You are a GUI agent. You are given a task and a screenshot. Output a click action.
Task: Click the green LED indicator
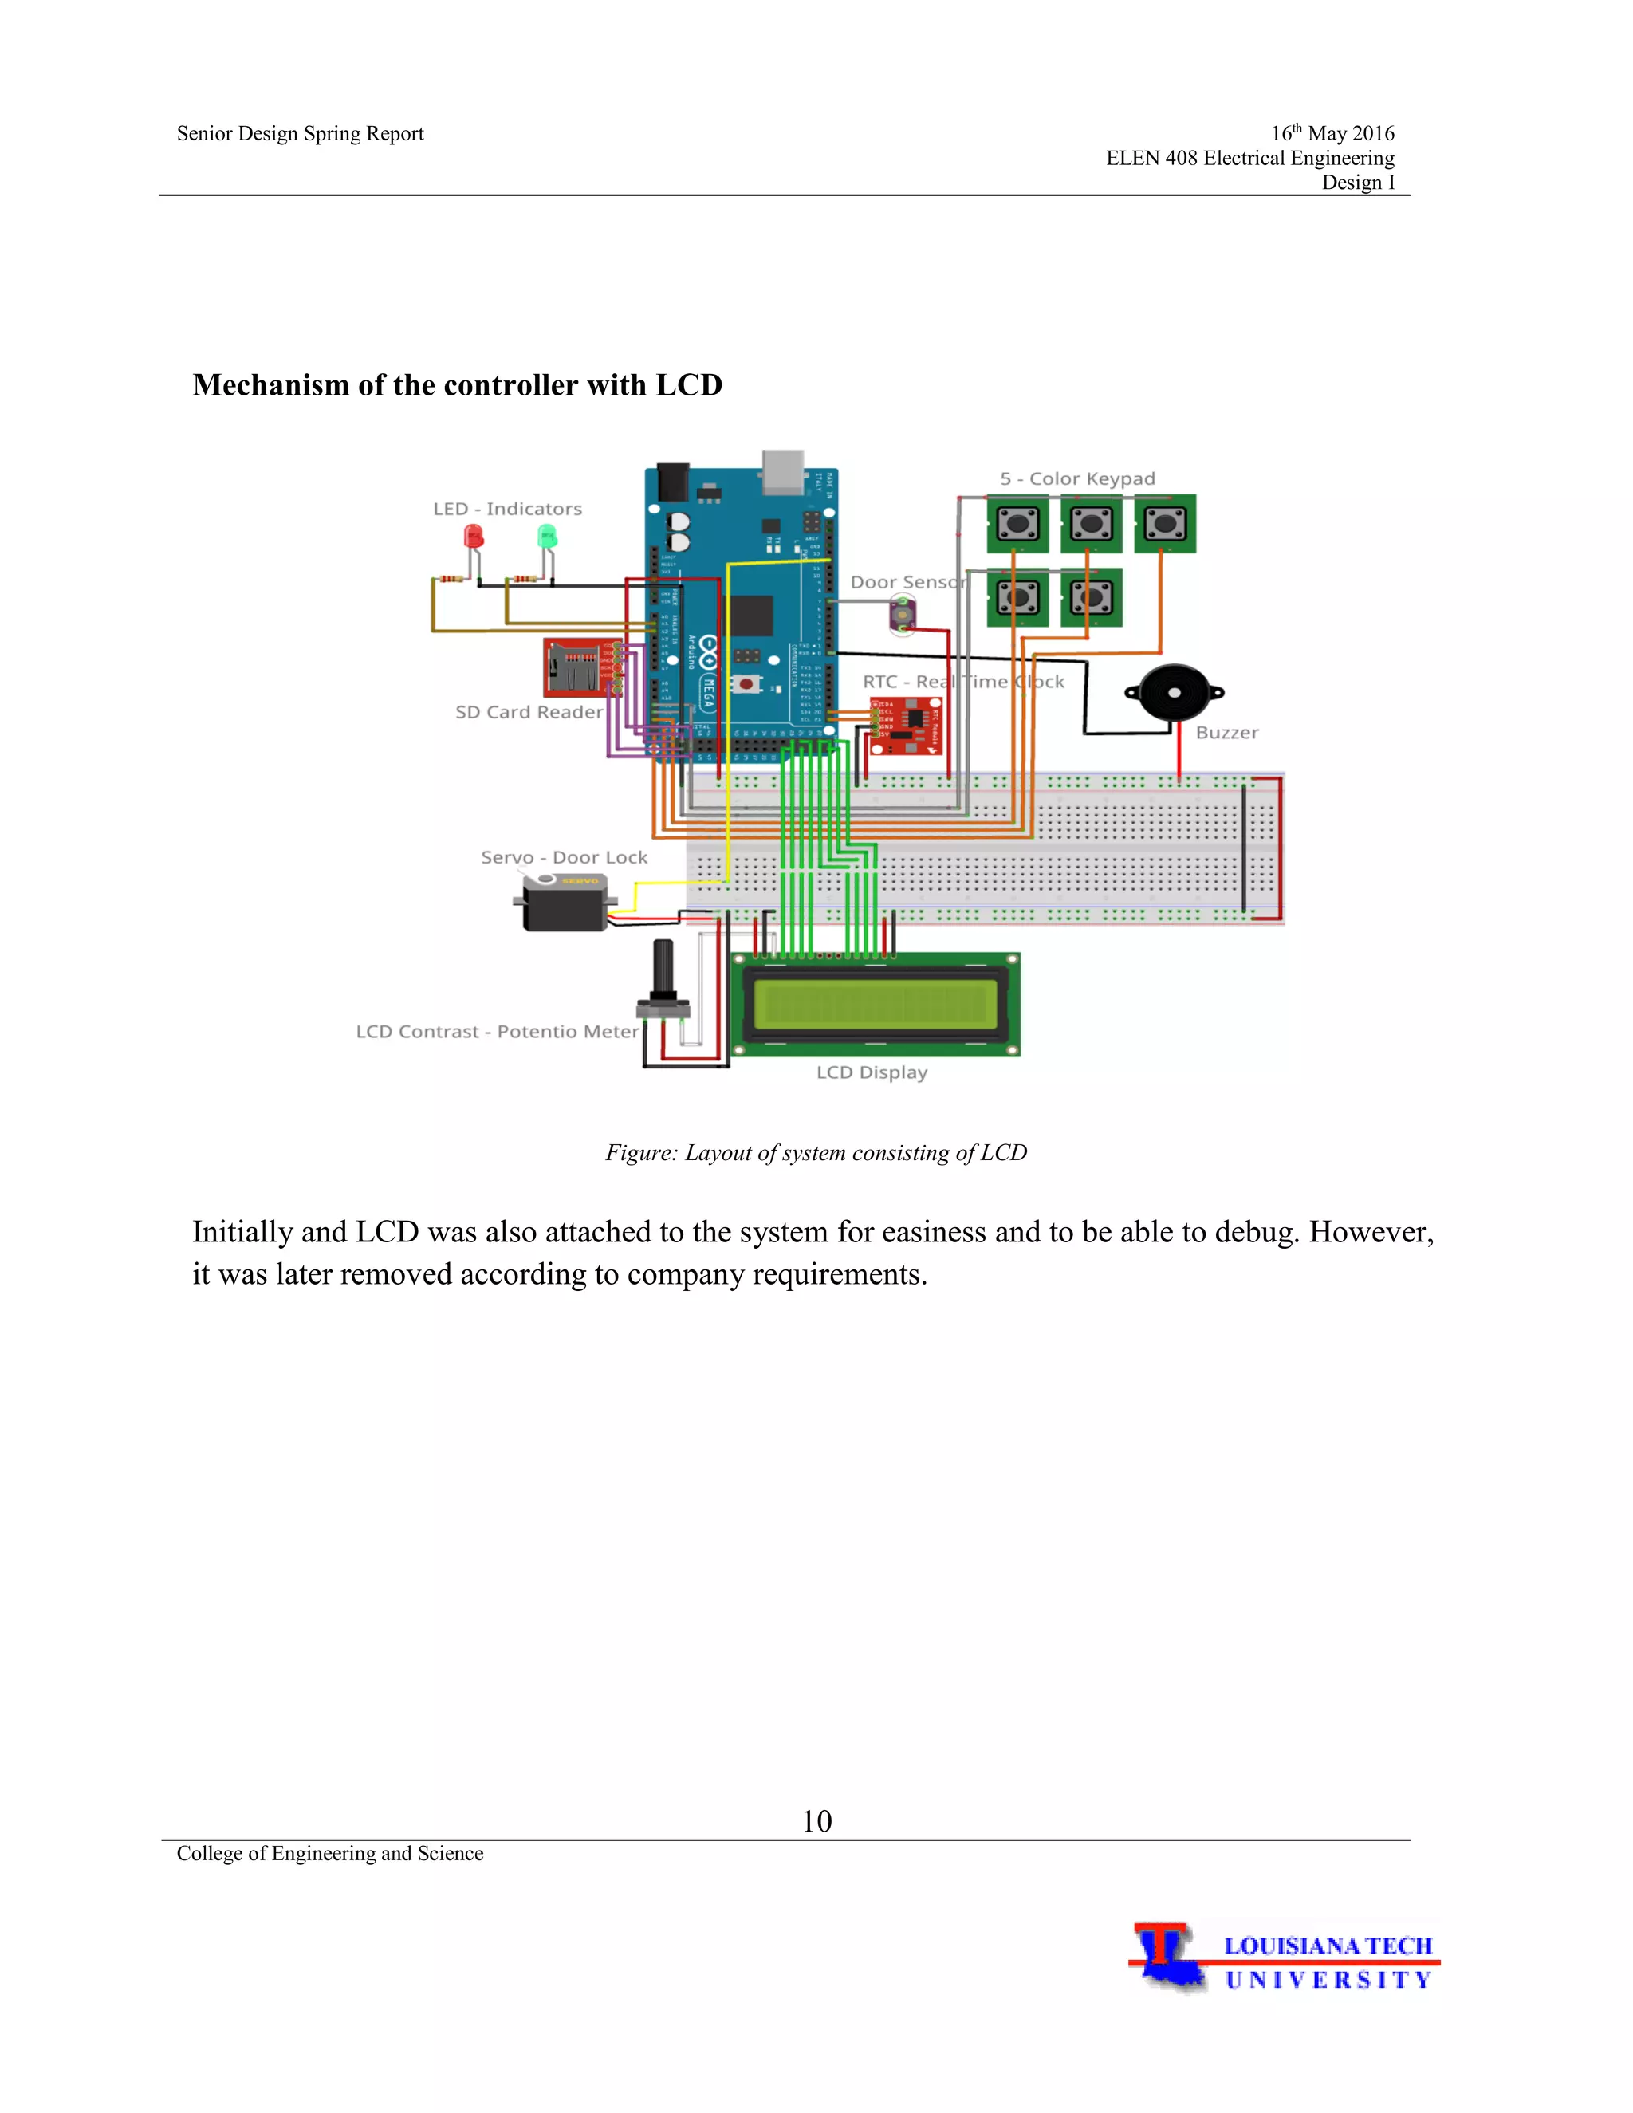tap(548, 536)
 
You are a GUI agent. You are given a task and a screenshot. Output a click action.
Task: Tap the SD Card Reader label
tap(528, 712)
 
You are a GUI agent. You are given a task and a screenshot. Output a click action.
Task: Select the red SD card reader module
tap(576, 667)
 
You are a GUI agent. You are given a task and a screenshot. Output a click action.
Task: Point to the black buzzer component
tap(1175, 693)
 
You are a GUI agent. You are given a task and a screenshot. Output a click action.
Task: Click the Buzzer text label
tap(1226, 734)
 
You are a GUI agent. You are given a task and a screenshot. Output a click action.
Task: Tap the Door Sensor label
tap(907, 582)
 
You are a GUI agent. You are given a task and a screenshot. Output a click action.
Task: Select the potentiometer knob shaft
tap(663, 967)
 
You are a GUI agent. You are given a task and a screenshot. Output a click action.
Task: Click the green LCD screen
tap(875, 1004)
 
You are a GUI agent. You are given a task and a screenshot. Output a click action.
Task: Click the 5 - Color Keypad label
tap(1076, 479)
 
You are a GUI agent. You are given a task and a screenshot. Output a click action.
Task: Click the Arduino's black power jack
tap(672, 482)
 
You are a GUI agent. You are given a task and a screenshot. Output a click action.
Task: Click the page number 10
tap(816, 1822)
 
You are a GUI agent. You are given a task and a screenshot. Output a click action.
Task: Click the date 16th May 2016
tap(1332, 133)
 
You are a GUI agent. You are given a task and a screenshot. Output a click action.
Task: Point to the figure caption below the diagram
tap(816, 1153)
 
